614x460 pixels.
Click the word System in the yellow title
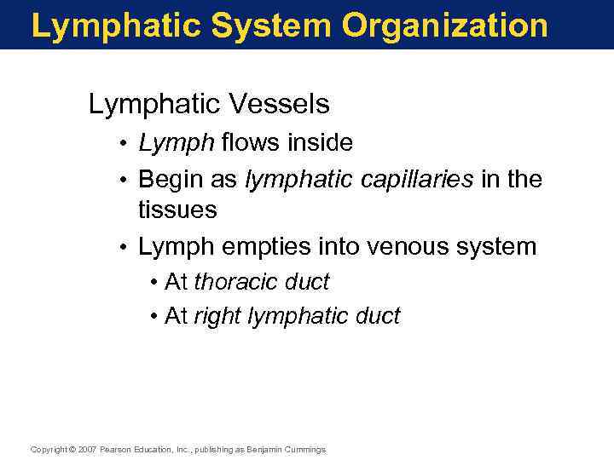tap(272, 26)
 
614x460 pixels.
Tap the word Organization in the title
tap(444, 26)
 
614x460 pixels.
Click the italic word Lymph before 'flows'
tap(177, 144)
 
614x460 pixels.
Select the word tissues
tap(177, 210)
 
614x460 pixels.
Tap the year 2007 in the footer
tap(88, 450)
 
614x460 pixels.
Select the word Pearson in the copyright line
tap(119, 450)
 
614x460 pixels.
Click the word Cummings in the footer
tap(305, 450)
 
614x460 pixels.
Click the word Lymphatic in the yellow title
tap(115, 26)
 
